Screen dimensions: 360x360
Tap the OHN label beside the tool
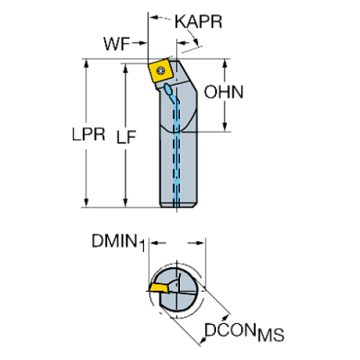click(x=224, y=92)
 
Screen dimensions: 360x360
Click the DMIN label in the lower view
click(x=115, y=240)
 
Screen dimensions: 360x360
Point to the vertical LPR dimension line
click(x=88, y=169)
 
